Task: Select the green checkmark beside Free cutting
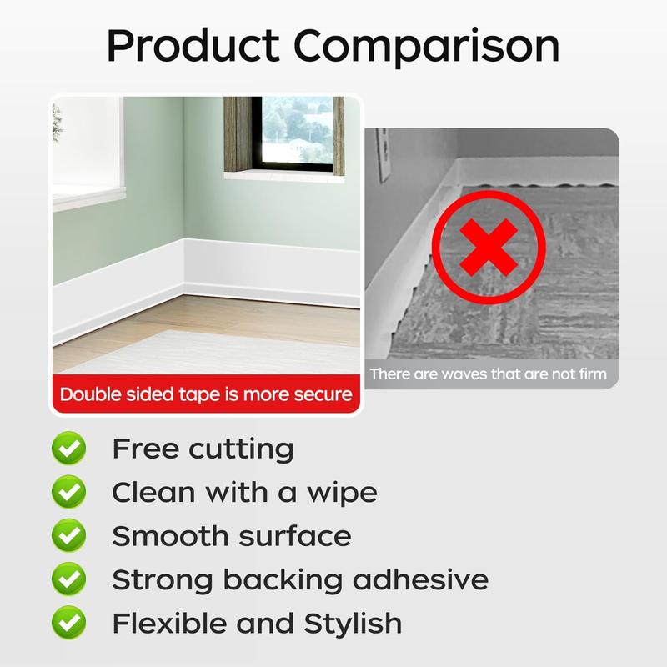(x=68, y=449)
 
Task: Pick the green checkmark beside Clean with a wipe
(x=68, y=493)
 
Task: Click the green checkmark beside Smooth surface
(x=68, y=535)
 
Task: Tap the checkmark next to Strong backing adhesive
(x=68, y=579)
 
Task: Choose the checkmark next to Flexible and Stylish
(x=68, y=622)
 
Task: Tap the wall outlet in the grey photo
(x=383, y=154)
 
